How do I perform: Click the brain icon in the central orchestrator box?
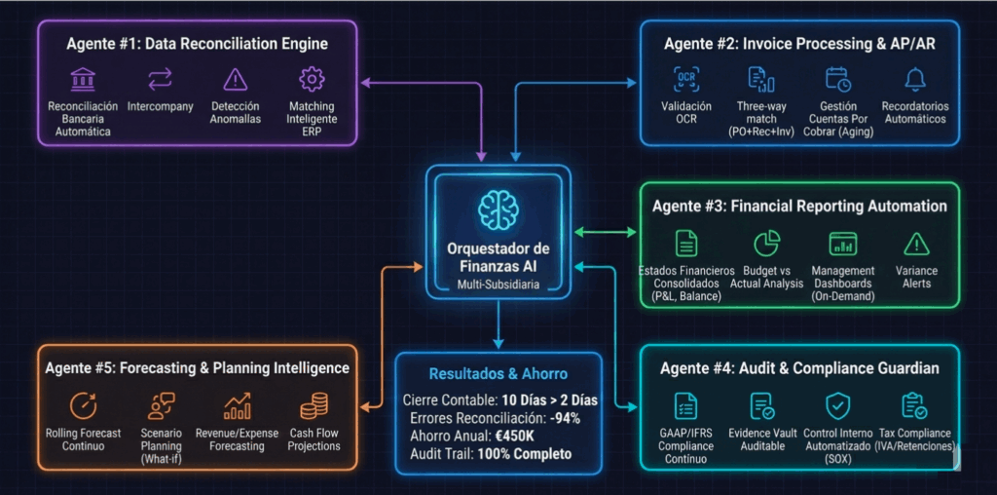498,209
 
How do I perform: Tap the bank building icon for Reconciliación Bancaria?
83,79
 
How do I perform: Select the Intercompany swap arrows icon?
160,79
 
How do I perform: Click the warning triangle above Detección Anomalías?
235,79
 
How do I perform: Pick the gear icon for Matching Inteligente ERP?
312,79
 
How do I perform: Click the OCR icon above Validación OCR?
686,79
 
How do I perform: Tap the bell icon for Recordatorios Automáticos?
914,79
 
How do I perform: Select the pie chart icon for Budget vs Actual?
767,244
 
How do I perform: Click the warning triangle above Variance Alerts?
916,244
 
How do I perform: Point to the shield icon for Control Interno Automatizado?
837,405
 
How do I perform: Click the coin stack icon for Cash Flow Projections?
314,405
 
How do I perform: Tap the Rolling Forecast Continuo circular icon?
83,405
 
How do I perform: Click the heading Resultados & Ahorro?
498,373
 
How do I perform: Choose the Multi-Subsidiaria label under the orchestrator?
498,285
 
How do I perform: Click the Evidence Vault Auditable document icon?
761,405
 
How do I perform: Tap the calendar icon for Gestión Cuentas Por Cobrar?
837,79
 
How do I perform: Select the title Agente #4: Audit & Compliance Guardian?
799,367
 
